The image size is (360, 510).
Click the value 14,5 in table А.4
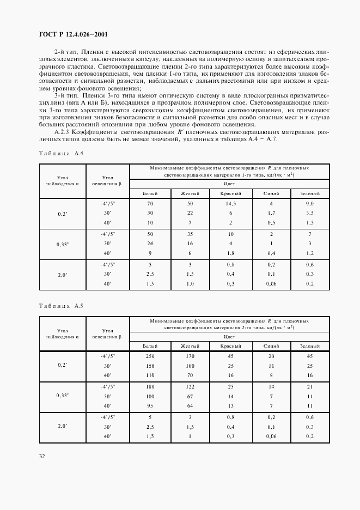[x=230, y=203]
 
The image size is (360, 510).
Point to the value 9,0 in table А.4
[x=309, y=203]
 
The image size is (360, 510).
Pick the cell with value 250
[x=151, y=356]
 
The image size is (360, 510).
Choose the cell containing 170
[x=190, y=356]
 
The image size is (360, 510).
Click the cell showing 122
[x=190, y=386]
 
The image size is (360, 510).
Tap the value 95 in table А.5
[x=151, y=406]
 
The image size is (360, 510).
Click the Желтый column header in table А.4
[x=190, y=193]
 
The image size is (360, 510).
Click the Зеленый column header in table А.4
[x=309, y=193]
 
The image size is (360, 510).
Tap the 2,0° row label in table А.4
[x=62, y=275]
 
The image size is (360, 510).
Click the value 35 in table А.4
[x=190, y=233]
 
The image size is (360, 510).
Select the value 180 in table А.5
[x=151, y=386]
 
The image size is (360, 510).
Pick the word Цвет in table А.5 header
[x=230, y=337]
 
